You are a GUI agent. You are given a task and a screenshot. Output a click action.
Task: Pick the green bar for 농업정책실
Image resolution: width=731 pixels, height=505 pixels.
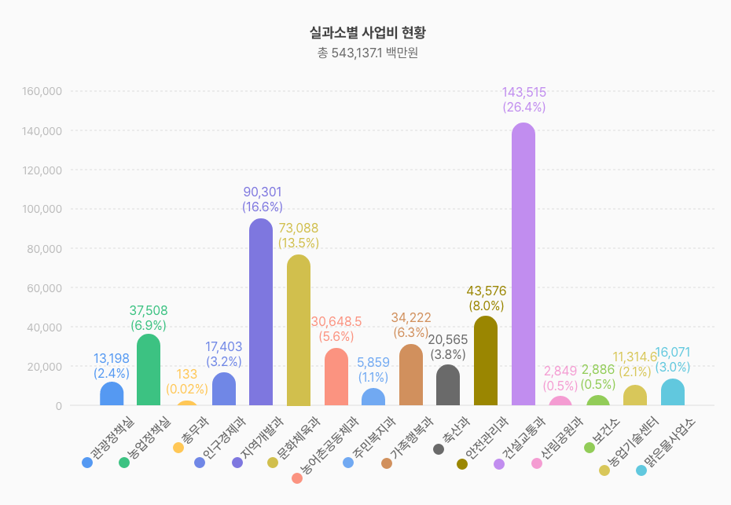tap(149, 370)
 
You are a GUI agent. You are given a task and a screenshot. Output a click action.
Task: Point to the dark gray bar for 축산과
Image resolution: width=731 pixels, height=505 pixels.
tap(448, 385)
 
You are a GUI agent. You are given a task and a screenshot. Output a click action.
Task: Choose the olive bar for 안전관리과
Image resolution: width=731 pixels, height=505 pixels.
tap(486, 361)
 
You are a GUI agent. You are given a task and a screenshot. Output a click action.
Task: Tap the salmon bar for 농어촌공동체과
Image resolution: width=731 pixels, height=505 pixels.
tap(336, 377)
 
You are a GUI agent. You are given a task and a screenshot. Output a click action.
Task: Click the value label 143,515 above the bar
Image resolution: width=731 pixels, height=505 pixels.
tap(523, 93)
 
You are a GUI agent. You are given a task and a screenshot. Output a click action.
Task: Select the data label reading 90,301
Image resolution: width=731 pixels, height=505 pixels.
tap(262, 192)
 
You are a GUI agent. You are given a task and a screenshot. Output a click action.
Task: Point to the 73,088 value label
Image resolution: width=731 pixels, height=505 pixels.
tap(299, 229)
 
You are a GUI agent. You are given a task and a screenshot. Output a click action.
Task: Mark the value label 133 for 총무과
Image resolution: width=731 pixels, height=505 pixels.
tap(186, 374)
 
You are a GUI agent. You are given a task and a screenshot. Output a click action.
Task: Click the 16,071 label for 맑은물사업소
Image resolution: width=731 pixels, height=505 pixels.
tap(672, 352)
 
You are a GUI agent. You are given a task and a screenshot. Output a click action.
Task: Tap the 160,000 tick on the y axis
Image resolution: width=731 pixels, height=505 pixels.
tap(42, 91)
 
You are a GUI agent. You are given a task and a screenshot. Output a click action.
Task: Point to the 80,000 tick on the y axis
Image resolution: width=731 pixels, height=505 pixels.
tap(45, 248)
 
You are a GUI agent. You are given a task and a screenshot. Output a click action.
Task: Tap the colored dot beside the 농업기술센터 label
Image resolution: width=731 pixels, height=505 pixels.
tap(604, 470)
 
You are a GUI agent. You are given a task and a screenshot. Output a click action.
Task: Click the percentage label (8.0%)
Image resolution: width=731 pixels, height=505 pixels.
tap(486, 306)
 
